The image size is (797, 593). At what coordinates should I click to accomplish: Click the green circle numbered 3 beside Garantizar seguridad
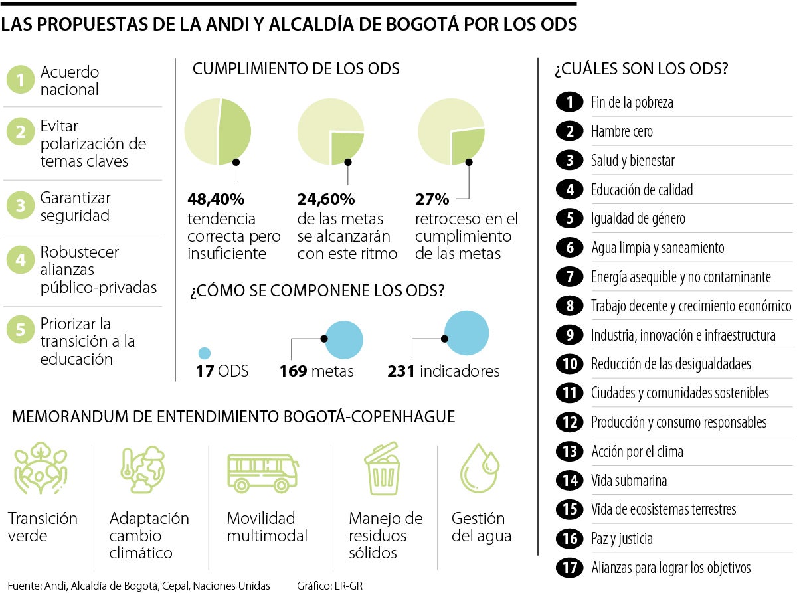click(21, 207)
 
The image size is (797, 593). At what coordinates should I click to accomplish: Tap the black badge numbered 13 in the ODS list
click(569, 452)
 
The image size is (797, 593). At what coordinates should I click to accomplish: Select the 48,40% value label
click(216, 199)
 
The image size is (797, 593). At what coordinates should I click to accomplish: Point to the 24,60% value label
click(325, 199)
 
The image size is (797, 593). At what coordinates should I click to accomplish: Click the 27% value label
click(432, 199)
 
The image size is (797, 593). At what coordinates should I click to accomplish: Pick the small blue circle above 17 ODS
click(205, 353)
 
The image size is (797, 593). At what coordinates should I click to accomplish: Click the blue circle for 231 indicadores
click(466, 333)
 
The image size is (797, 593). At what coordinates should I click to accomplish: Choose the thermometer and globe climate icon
click(143, 470)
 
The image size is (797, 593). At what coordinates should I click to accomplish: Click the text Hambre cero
click(622, 131)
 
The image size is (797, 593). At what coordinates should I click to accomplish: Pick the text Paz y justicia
click(622, 539)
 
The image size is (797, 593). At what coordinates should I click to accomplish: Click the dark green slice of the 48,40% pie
click(235, 131)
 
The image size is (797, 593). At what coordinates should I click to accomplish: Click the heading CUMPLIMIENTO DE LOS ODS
click(296, 69)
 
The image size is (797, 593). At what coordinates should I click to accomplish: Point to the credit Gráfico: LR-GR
click(329, 586)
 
